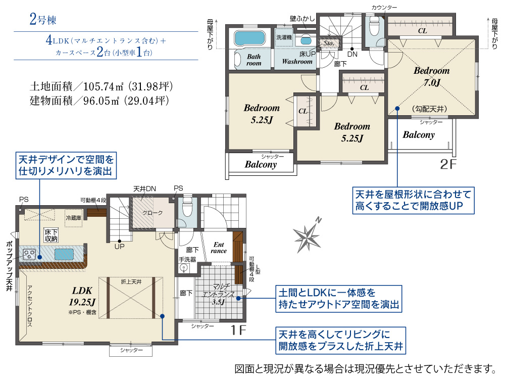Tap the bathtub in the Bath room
point(249,38)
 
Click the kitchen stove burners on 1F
point(31,254)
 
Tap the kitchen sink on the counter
point(65,254)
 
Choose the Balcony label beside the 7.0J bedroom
point(418,135)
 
